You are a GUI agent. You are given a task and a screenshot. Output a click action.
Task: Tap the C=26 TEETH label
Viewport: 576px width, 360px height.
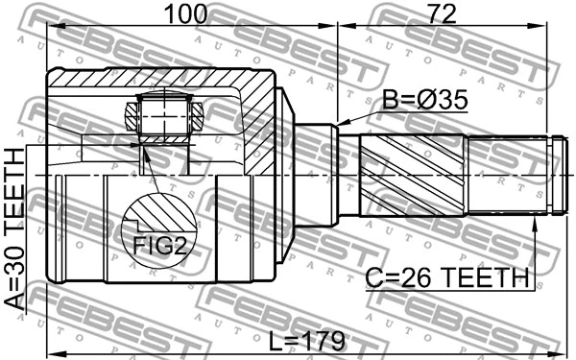coord(447,278)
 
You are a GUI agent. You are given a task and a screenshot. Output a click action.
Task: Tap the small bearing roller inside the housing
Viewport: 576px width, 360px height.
coord(165,118)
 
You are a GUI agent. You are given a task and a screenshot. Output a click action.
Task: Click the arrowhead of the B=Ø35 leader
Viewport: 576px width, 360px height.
coord(340,124)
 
